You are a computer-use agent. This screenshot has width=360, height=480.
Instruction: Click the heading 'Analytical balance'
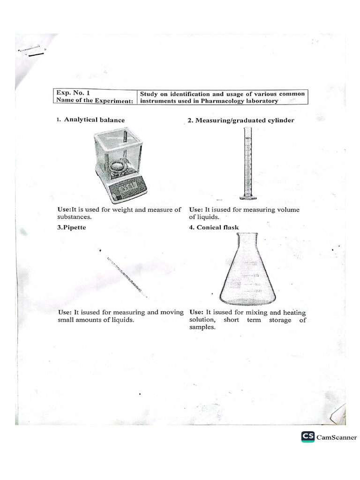pyautogui.click(x=94, y=120)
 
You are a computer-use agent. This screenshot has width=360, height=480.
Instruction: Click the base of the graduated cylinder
pyautogui.click(x=247, y=197)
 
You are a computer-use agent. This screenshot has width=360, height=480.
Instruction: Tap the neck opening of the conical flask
pyautogui.click(x=247, y=234)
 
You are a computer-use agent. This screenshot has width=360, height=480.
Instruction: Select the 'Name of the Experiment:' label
pyautogui.click(x=95, y=100)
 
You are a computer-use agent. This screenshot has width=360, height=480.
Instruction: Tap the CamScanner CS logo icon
pyautogui.click(x=308, y=437)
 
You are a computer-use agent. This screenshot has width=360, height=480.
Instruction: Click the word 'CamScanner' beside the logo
pyautogui.click(x=337, y=437)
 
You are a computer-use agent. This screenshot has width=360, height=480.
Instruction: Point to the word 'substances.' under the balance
pyautogui.click(x=75, y=217)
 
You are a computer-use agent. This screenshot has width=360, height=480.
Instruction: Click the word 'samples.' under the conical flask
pyautogui.click(x=202, y=328)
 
